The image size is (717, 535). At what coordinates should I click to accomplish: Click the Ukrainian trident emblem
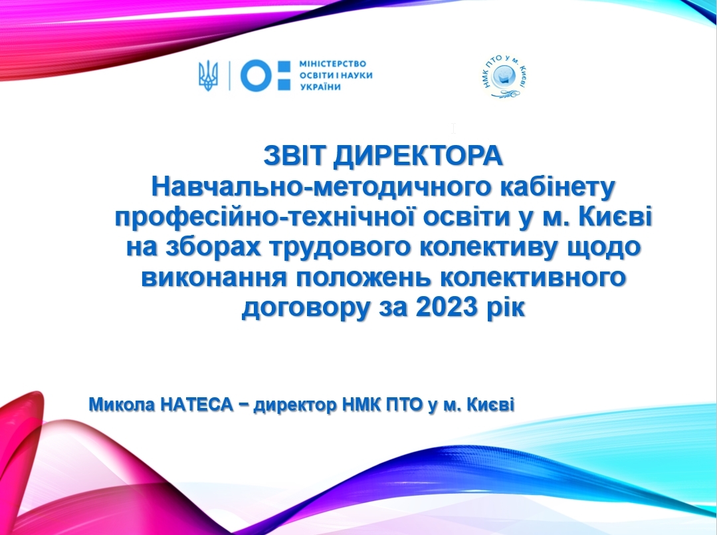pos(209,76)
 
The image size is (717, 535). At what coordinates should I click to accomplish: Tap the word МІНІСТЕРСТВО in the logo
pos(332,64)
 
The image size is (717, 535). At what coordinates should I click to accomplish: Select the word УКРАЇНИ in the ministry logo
pos(320,87)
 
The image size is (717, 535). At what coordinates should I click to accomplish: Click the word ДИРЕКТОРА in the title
pos(419,156)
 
